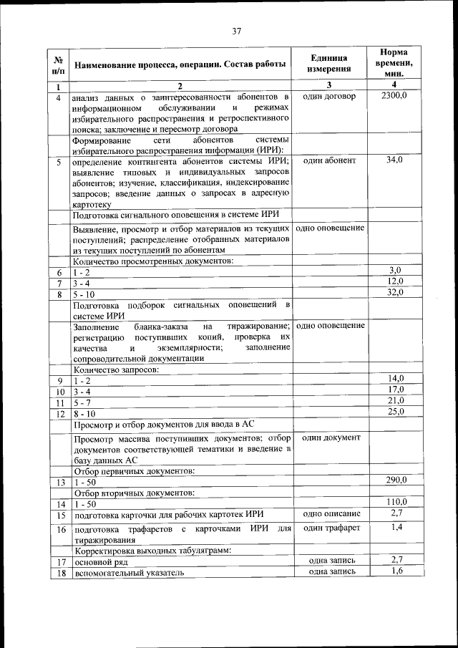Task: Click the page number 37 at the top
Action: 237,31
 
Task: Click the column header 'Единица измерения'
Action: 329,64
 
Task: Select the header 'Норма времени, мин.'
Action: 394,63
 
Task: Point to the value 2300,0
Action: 394,96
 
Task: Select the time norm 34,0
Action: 394,160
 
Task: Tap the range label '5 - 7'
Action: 82,402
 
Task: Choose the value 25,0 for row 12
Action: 396,411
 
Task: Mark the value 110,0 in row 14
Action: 395,502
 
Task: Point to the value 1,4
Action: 396,527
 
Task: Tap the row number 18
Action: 59,573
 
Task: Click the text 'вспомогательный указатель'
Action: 119,573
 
